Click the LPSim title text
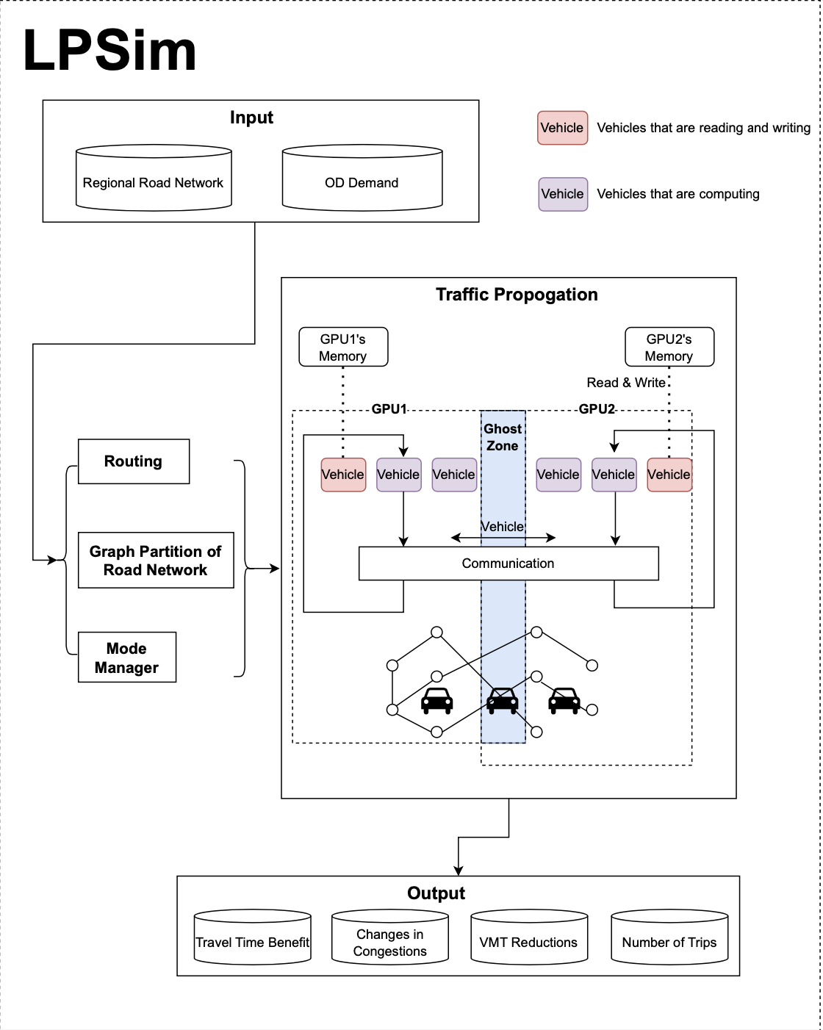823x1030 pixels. pos(110,51)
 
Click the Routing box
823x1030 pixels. pos(134,461)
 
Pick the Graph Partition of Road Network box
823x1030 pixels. pos(156,561)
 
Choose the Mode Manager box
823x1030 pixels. pos(127,658)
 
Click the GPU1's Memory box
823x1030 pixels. pos(343,347)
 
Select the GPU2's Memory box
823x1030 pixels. pos(669,347)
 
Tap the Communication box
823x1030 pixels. pos(508,563)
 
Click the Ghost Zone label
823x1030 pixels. pos(503,437)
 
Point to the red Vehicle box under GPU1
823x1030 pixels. pos(343,475)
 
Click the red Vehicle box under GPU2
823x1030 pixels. pos(669,475)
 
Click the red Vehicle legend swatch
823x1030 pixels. pos(562,128)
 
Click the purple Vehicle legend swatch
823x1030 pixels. pos(562,194)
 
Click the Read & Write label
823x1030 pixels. pos(626,383)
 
